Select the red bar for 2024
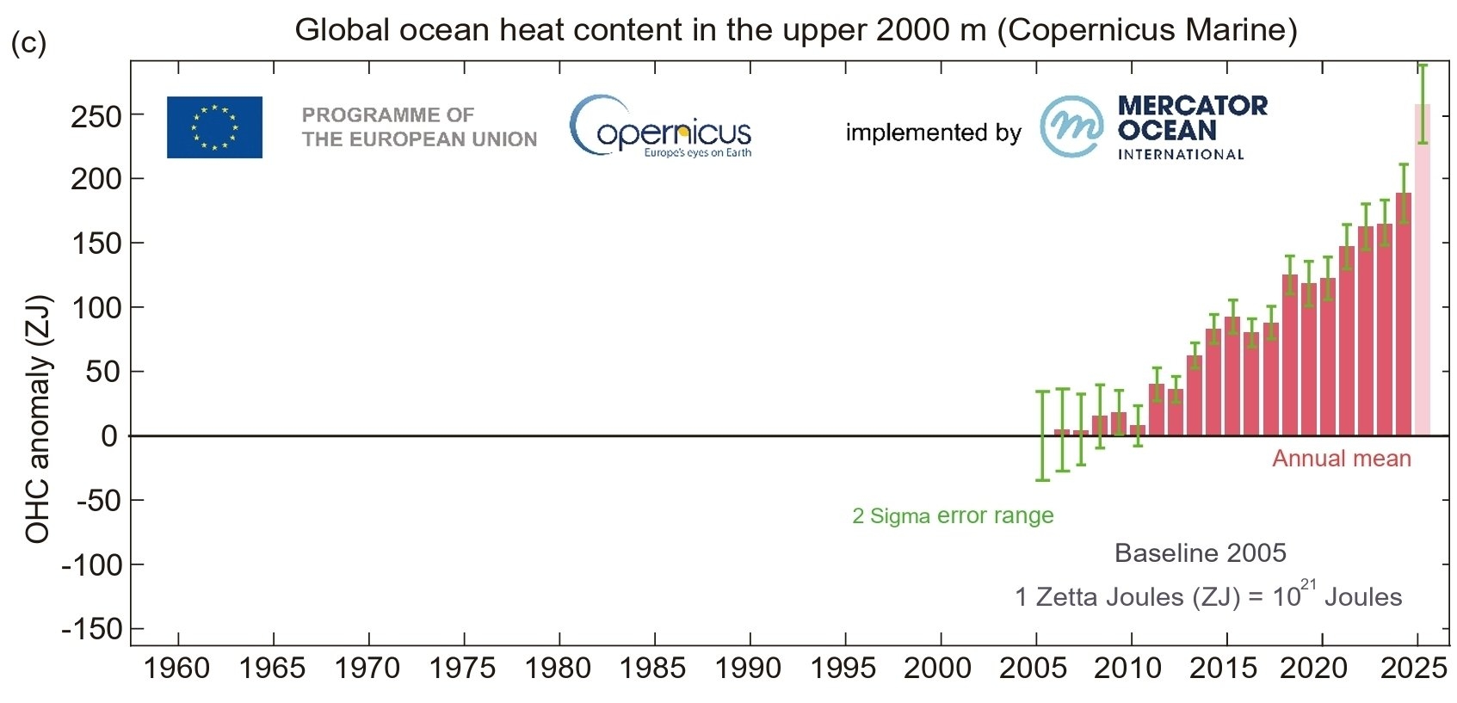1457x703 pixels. pyautogui.click(x=1404, y=318)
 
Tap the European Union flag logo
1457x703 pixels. pyautogui.click(x=214, y=127)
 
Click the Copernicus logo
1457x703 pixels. pyautogui.click(x=660, y=128)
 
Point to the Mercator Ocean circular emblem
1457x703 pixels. pyautogui.click(x=1071, y=127)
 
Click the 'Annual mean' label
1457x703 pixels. pyautogui.click(x=1341, y=459)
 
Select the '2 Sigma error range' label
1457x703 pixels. pyautogui.click(x=953, y=515)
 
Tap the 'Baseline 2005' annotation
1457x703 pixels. pyautogui.click(x=1200, y=552)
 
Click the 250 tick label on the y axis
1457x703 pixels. pyautogui.click(x=96, y=116)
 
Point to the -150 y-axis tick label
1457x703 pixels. pyautogui.click(x=91, y=629)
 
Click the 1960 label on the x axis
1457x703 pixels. pyautogui.click(x=176, y=668)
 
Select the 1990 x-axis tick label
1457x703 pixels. pyautogui.click(x=749, y=668)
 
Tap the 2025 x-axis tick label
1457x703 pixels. pyautogui.click(x=1413, y=668)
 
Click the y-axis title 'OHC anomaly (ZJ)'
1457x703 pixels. pyautogui.click(x=38, y=420)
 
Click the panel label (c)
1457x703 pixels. pyautogui.click(x=28, y=43)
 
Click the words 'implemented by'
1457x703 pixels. pyautogui.click(x=933, y=133)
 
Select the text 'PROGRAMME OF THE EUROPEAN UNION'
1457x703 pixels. pyautogui.click(x=419, y=127)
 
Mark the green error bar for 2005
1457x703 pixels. pyautogui.click(x=1042, y=435)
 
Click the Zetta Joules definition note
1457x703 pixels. pyautogui.click(x=1208, y=596)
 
